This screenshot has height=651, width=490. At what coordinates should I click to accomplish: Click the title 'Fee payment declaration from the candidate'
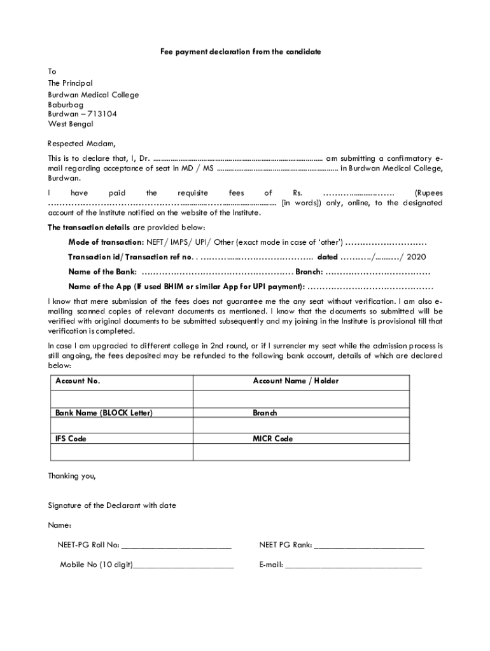pyautogui.click(x=241, y=51)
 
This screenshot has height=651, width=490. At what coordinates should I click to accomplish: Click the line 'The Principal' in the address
pyautogui.click(x=70, y=83)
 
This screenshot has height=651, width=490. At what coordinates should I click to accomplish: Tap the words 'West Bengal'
pyautogui.click(x=70, y=124)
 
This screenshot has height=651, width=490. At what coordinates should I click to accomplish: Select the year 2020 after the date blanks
pyautogui.click(x=416, y=257)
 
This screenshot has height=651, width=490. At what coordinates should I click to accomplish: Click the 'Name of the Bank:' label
pyautogui.click(x=102, y=271)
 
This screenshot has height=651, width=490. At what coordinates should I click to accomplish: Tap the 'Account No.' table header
pyautogui.click(x=78, y=381)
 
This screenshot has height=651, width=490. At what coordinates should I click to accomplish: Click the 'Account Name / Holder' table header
pyautogui.click(x=295, y=381)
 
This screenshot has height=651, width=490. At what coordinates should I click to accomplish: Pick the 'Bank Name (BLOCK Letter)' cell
pyautogui.click(x=104, y=413)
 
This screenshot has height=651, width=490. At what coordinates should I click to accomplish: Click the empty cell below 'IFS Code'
pyautogui.click(x=121, y=451)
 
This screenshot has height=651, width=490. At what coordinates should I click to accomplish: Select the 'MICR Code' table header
pyautogui.click(x=272, y=439)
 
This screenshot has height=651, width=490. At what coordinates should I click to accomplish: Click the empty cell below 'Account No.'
pyautogui.click(x=121, y=399)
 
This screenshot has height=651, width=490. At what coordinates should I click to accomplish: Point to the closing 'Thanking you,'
pyautogui.click(x=71, y=476)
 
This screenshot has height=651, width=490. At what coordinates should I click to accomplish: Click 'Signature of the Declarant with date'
pyautogui.click(x=112, y=505)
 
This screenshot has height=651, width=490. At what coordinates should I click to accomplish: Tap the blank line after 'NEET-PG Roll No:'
pyautogui.click(x=176, y=545)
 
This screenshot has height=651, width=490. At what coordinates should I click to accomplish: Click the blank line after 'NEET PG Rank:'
pyautogui.click(x=368, y=545)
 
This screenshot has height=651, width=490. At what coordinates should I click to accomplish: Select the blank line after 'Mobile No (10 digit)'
pyautogui.click(x=183, y=565)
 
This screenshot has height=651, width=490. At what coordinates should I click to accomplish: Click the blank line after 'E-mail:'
pyautogui.click(x=353, y=565)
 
